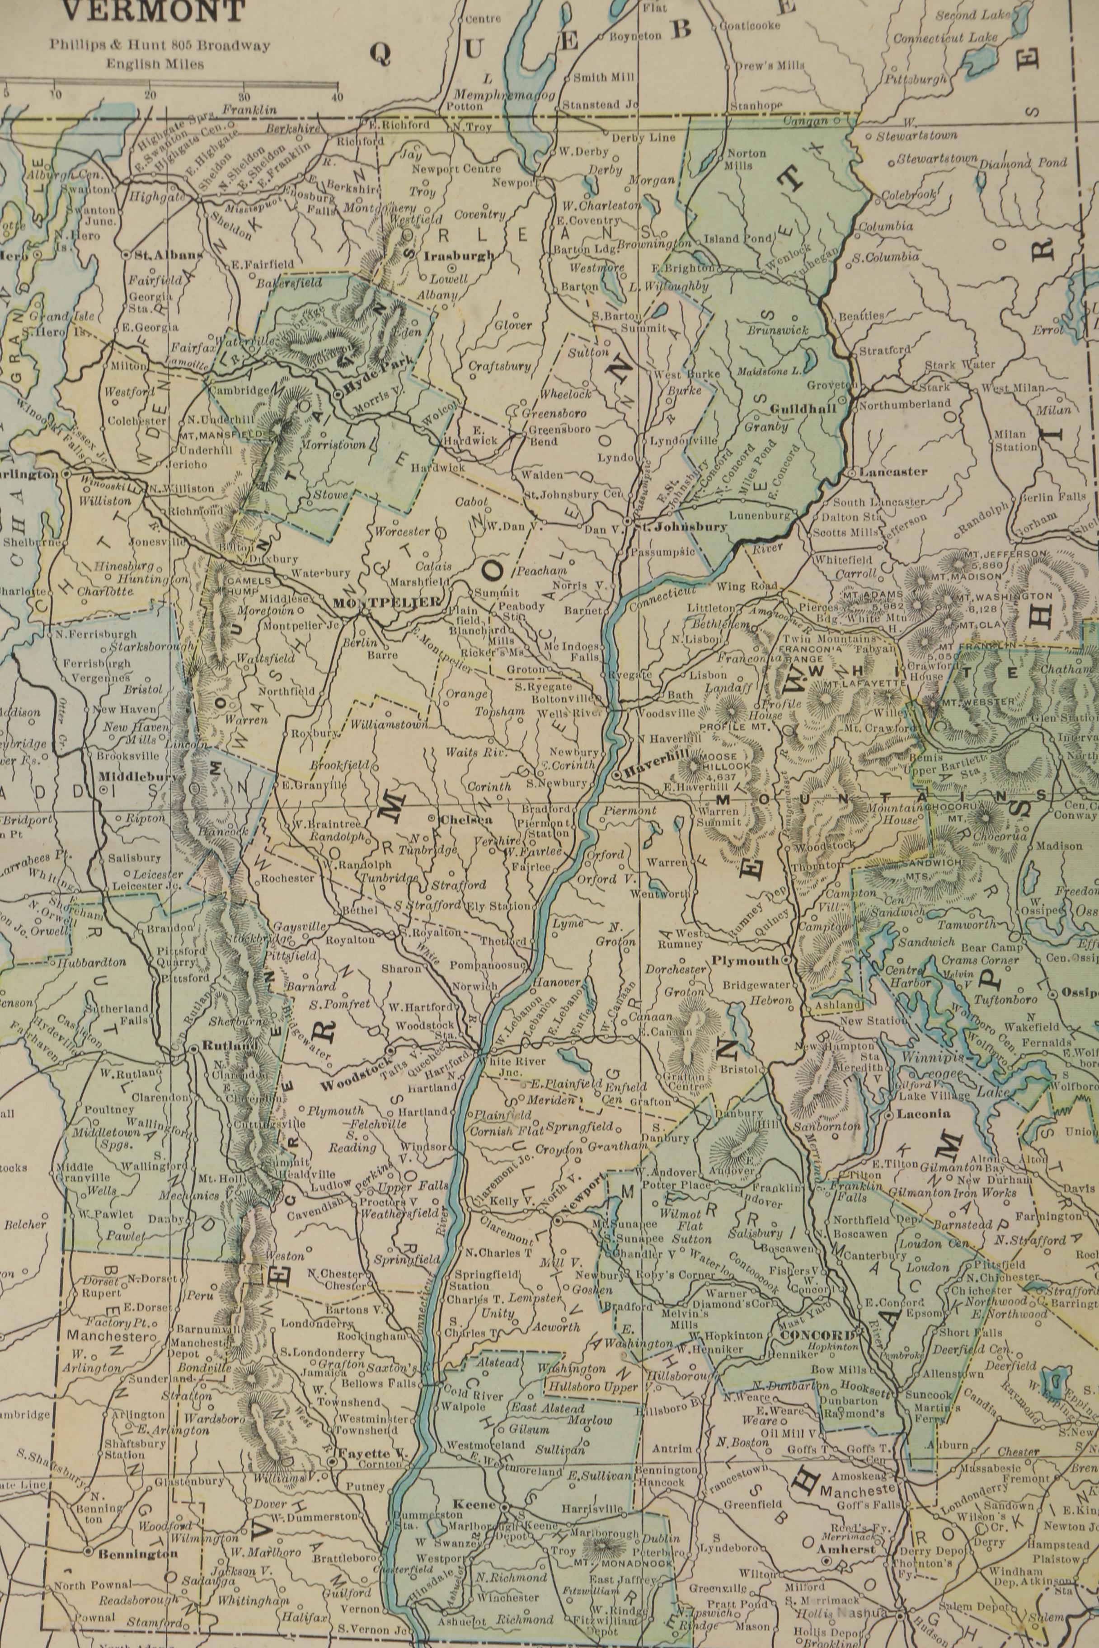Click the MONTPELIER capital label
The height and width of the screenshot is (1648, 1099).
(x=387, y=602)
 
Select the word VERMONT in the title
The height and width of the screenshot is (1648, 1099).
(x=154, y=11)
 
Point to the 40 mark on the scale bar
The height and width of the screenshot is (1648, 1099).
(x=337, y=97)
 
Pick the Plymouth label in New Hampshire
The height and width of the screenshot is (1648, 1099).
(x=745, y=960)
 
